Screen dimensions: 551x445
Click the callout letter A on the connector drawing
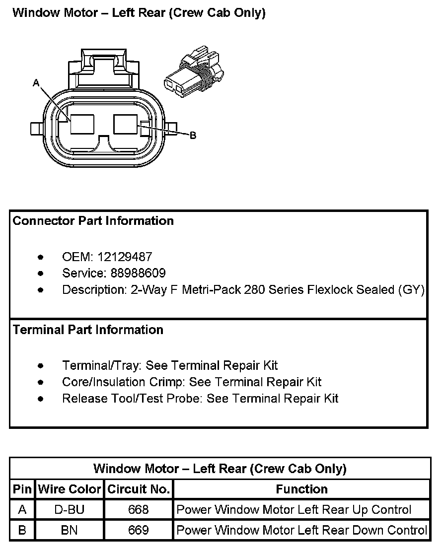tap(36, 83)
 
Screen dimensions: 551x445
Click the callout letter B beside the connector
tap(193, 135)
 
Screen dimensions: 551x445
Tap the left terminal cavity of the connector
tap(82, 124)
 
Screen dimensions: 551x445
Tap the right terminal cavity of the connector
tap(126, 124)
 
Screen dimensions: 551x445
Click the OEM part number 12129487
tap(125, 257)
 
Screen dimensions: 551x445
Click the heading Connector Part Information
tap(93, 221)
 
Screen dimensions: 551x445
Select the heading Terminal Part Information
tap(88, 330)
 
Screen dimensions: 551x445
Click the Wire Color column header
tap(70, 489)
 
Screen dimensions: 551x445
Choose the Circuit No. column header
tap(139, 489)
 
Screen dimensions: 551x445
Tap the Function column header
tap(301, 489)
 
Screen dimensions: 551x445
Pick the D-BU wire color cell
tap(70, 510)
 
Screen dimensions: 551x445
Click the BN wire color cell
tap(70, 530)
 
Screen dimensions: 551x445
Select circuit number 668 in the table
tap(139, 510)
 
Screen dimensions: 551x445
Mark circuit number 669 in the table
tap(139, 530)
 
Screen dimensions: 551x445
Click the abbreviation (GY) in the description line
tap(411, 290)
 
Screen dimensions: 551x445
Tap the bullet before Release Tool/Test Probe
tap(41, 398)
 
